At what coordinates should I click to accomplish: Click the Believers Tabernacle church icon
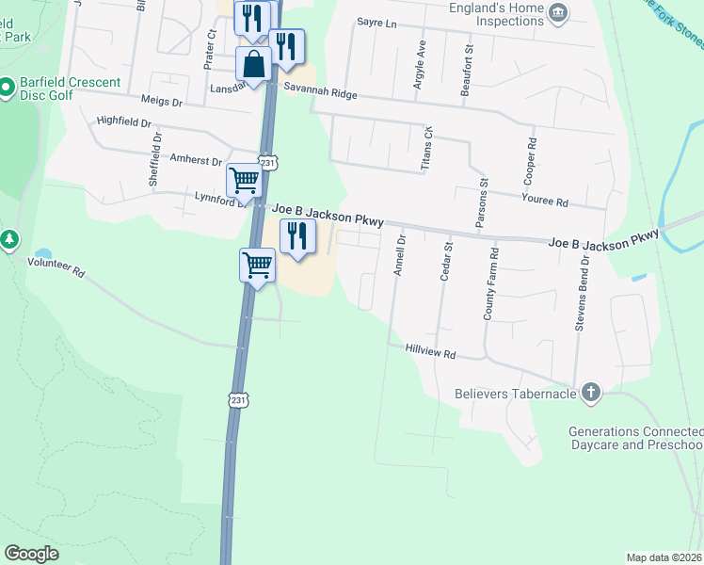click(x=590, y=393)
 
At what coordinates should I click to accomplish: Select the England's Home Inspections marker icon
click(x=559, y=12)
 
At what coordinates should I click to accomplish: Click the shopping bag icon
click(x=253, y=64)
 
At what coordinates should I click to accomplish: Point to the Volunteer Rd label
click(x=56, y=268)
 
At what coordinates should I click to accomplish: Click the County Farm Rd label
click(x=489, y=280)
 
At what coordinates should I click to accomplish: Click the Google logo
click(x=31, y=554)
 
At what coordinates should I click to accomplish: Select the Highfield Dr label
click(x=123, y=121)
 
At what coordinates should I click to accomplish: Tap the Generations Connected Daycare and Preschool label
click(x=635, y=438)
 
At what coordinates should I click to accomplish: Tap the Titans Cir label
click(x=426, y=149)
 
